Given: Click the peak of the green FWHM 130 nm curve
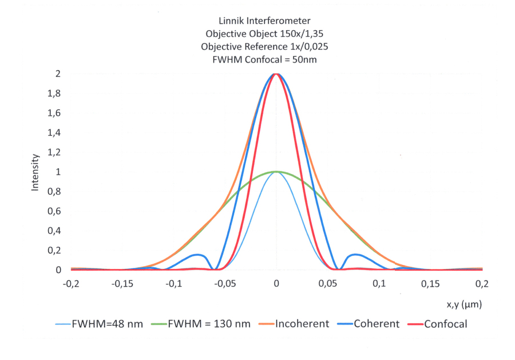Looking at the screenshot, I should tap(276, 172).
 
